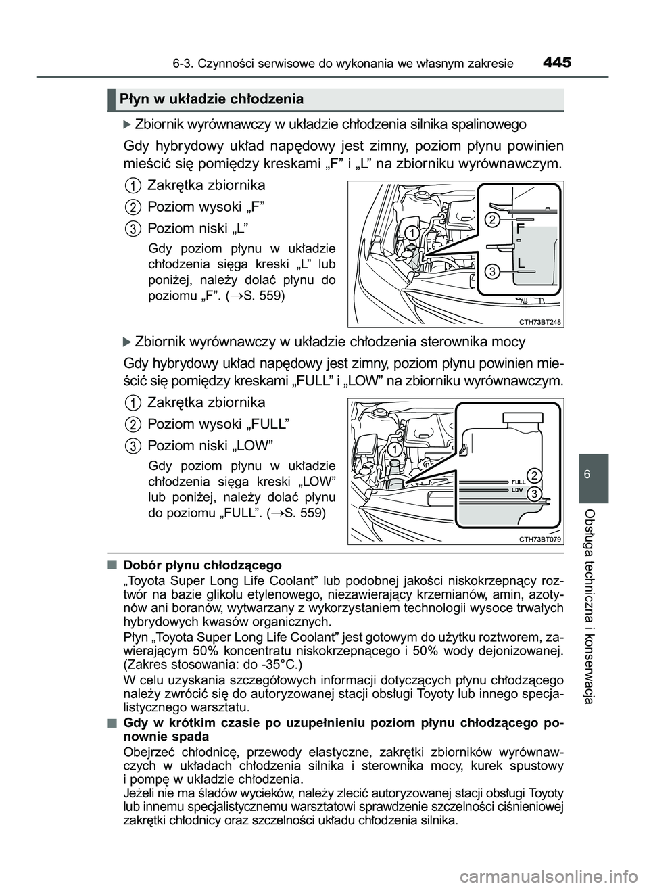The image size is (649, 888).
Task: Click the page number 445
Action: [556, 63]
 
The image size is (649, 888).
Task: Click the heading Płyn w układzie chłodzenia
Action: [211, 99]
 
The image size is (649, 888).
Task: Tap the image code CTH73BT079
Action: [541, 539]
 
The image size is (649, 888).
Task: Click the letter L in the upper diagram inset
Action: [520, 262]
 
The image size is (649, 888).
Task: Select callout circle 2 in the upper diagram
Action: [493, 220]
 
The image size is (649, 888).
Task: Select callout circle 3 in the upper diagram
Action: [493, 271]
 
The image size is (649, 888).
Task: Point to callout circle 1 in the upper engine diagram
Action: [410, 233]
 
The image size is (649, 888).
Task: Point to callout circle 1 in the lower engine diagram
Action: [393, 450]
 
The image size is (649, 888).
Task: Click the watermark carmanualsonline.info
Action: [571, 878]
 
